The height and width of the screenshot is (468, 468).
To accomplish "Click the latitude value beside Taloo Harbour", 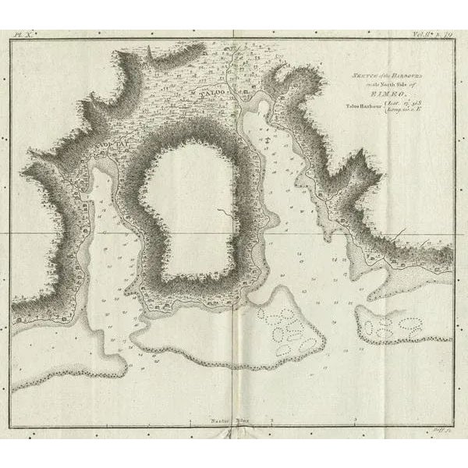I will [x=398, y=103].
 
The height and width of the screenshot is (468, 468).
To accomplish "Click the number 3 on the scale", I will [x=356, y=420].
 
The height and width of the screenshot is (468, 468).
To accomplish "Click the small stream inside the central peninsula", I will [x=218, y=211].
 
